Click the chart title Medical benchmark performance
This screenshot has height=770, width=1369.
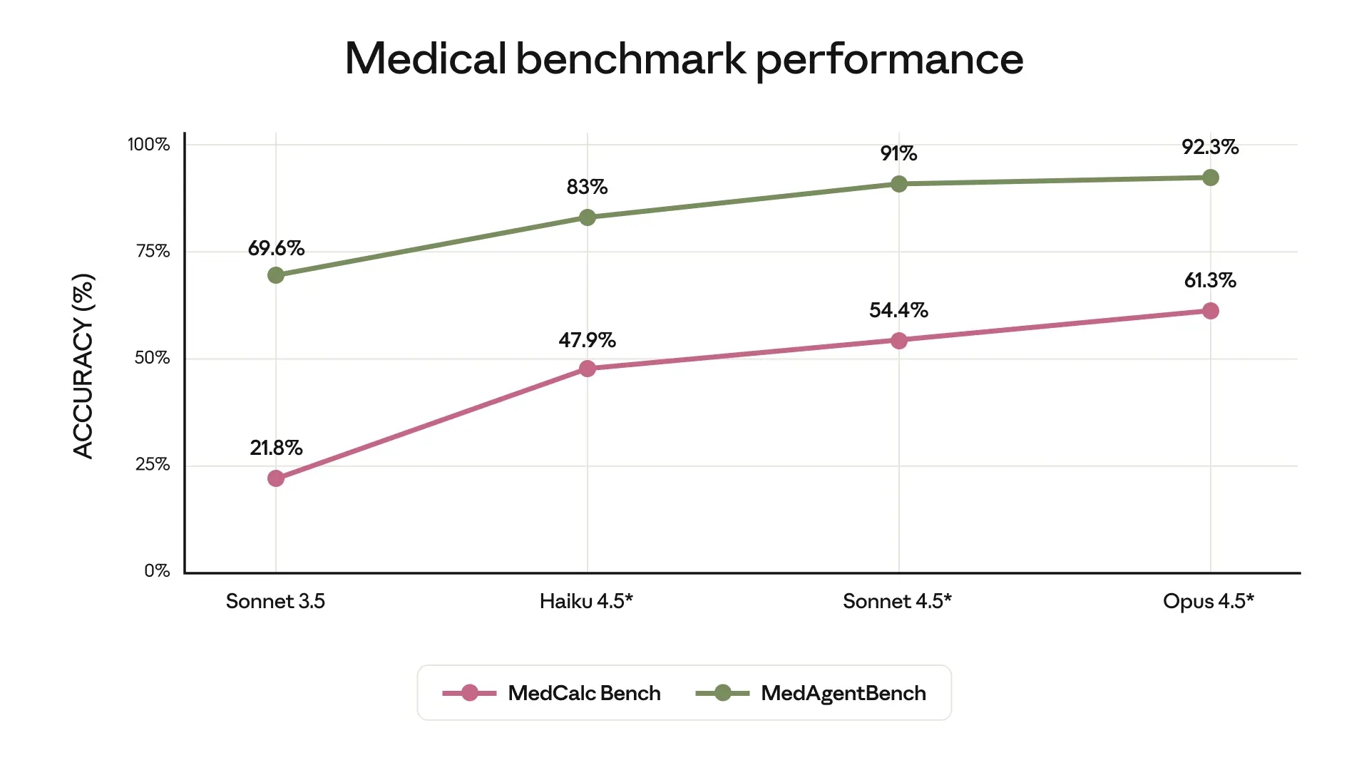tap(684, 58)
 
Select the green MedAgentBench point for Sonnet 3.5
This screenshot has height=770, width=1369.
tap(276, 275)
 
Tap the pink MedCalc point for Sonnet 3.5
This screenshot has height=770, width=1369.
tap(276, 478)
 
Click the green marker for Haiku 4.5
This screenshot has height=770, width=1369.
tap(588, 217)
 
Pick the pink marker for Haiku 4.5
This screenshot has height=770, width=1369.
tap(588, 369)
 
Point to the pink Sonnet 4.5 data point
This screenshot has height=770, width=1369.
tap(899, 341)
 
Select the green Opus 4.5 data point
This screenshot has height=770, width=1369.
tap(1211, 178)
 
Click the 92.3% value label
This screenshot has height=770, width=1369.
tap(1210, 147)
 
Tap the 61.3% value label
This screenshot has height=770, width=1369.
tap(1210, 280)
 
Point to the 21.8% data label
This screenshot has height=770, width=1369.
tap(276, 448)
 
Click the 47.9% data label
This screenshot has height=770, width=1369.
tap(587, 340)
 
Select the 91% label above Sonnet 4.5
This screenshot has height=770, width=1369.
tap(898, 153)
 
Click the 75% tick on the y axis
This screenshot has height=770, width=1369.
tap(153, 251)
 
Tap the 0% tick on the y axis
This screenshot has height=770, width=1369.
tap(157, 570)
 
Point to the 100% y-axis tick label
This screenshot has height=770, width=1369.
tap(148, 145)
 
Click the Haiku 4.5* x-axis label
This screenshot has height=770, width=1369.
tap(586, 601)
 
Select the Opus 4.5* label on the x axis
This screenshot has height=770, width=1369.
tap(1208, 601)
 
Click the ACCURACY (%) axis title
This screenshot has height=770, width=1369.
tap(83, 366)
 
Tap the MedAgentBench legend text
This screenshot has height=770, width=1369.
tap(843, 693)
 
